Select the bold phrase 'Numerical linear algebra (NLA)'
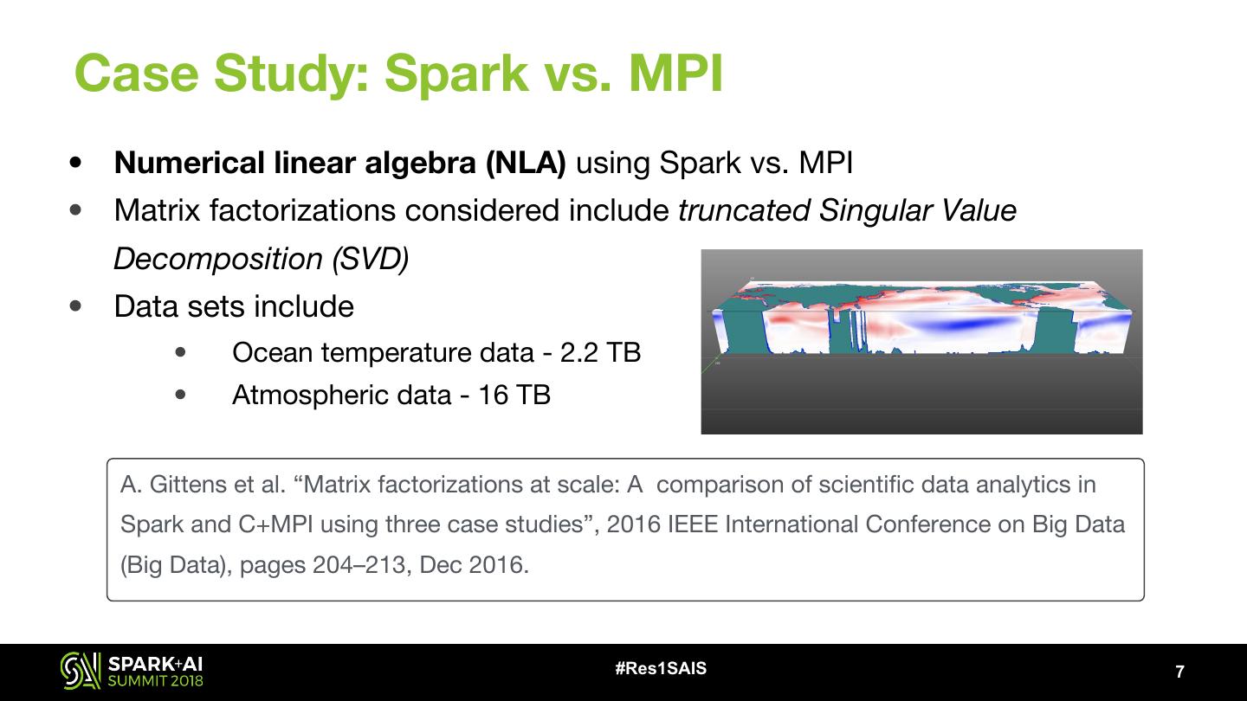pos(339,163)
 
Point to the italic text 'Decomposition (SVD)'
pos(261,258)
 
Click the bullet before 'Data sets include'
pos(77,305)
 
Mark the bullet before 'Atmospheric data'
pos(180,395)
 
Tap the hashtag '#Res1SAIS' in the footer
pos(660,668)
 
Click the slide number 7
pos(1179,672)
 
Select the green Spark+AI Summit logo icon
pos(81,671)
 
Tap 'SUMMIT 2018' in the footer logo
pos(155,680)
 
